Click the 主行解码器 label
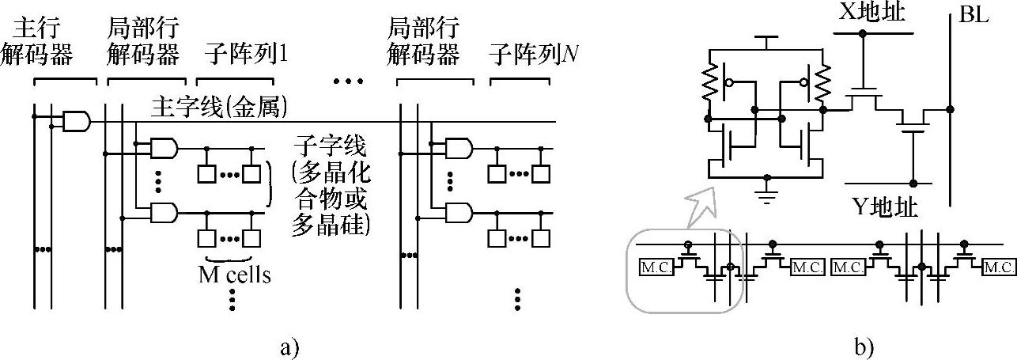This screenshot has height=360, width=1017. coord(48,42)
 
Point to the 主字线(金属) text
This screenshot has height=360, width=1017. coord(218,108)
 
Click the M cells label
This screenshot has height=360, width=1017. coord(235,275)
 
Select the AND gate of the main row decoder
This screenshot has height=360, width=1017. coord(76,121)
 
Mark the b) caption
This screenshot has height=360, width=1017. coord(861,346)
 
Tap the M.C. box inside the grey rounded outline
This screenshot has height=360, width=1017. coord(656,267)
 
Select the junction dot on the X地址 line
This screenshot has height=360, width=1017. coord(863,33)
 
